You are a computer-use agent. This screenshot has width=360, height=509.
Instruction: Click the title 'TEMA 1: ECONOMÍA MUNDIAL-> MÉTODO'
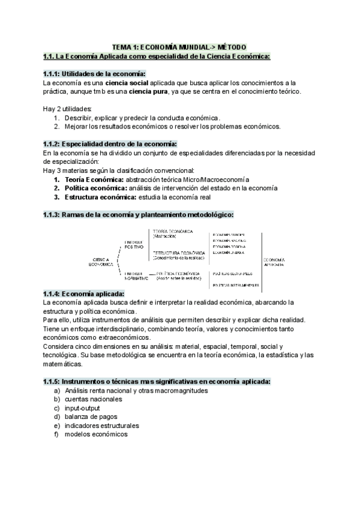[180, 47]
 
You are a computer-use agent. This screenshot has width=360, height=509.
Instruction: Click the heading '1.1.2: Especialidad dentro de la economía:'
[110, 144]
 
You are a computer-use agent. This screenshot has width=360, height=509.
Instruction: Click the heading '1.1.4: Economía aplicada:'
[84, 294]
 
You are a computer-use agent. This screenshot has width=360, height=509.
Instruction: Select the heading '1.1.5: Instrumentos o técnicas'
[157, 381]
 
